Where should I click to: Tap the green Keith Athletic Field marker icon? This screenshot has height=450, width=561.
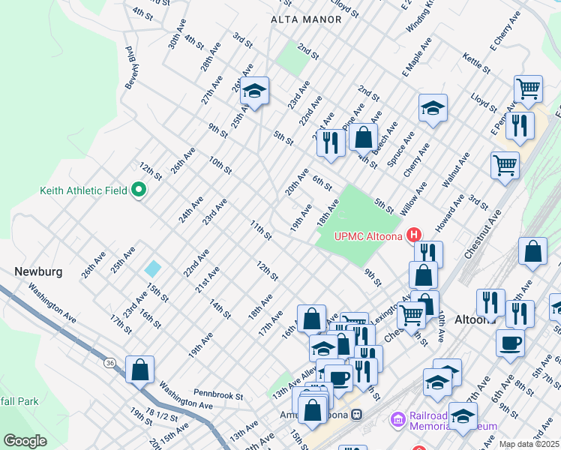tap(138, 190)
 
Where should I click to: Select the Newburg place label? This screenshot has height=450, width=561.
tap(37, 271)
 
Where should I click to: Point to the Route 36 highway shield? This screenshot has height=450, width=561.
tap(110, 363)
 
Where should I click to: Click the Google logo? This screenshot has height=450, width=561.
tap(25, 441)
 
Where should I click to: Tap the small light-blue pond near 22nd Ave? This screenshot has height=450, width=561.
tap(153, 268)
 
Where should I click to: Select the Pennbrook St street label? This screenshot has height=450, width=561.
tap(219, 392)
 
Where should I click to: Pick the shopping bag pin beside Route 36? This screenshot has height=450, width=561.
tap(140, 370)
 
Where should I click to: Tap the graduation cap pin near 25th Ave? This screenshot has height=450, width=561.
tap(255, 92)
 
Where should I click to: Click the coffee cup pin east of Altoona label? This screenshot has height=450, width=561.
tap(510, 343)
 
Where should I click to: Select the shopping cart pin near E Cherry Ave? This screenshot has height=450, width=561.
tap(529, 89)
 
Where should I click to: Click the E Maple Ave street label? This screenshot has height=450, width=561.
tap(416, 60)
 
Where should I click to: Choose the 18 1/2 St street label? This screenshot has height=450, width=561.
tap(162, 415)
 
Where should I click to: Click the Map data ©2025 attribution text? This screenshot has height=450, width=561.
tap(529, 444)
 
